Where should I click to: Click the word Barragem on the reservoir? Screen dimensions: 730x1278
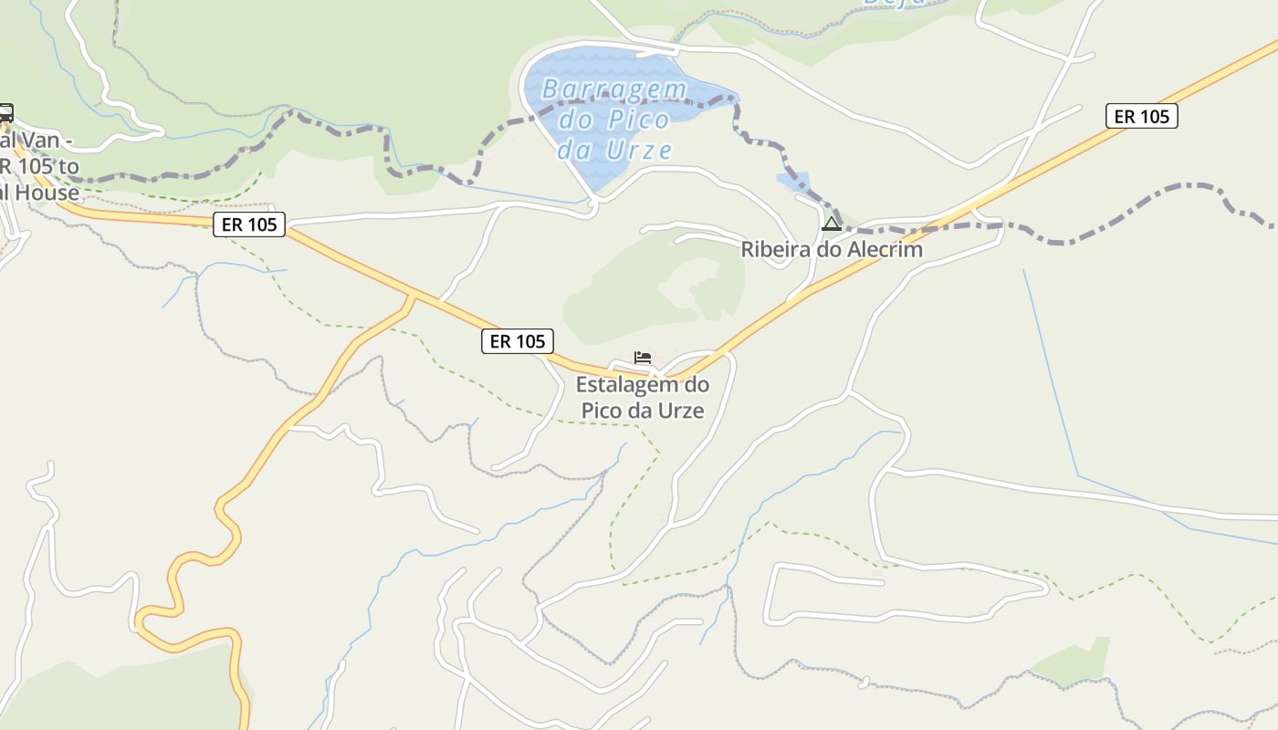(613, 89)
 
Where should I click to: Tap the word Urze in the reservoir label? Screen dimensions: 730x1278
(638, 150)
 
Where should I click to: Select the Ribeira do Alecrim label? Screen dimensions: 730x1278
(831, 249)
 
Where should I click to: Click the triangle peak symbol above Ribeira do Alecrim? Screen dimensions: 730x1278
(831, 224)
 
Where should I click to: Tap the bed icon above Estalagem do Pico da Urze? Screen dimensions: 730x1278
(643, 357)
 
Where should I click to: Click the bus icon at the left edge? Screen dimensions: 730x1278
(5, 113)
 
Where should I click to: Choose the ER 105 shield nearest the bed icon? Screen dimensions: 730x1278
(518, 341)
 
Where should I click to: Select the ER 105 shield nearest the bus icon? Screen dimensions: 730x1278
(249, 224)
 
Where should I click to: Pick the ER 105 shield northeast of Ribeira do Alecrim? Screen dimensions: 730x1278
(1141, 116)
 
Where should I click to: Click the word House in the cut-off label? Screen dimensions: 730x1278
(51, 193)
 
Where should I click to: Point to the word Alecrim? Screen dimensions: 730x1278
(882, 249)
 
